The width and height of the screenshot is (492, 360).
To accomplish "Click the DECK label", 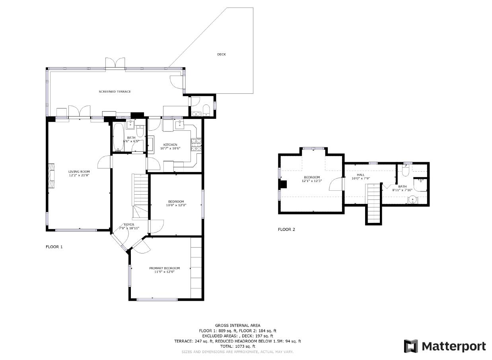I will click(222, 54).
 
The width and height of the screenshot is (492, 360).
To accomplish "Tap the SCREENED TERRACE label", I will click(115, 92).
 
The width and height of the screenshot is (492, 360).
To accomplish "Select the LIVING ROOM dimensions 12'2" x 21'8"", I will click(79, 175).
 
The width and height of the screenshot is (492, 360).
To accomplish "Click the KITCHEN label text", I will click(170, 145).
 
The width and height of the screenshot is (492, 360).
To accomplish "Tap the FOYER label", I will click(129, 225).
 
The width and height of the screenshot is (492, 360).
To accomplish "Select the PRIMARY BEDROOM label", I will click(165, 268).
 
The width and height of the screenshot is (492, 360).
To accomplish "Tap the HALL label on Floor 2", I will click(361, 175).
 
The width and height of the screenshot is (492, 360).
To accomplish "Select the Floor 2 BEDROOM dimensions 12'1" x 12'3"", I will click(312, 181).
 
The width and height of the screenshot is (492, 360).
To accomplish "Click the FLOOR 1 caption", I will click(54, 247).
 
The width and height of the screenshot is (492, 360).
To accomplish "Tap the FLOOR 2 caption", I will click(286, 229).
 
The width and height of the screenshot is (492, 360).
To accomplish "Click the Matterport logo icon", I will click(411, 346).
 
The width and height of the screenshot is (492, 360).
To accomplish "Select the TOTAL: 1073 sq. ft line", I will click(237, 346).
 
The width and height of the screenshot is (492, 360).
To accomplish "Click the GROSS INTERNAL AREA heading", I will click(237, 325).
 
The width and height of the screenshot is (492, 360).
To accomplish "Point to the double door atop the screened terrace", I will click(115, 63).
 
